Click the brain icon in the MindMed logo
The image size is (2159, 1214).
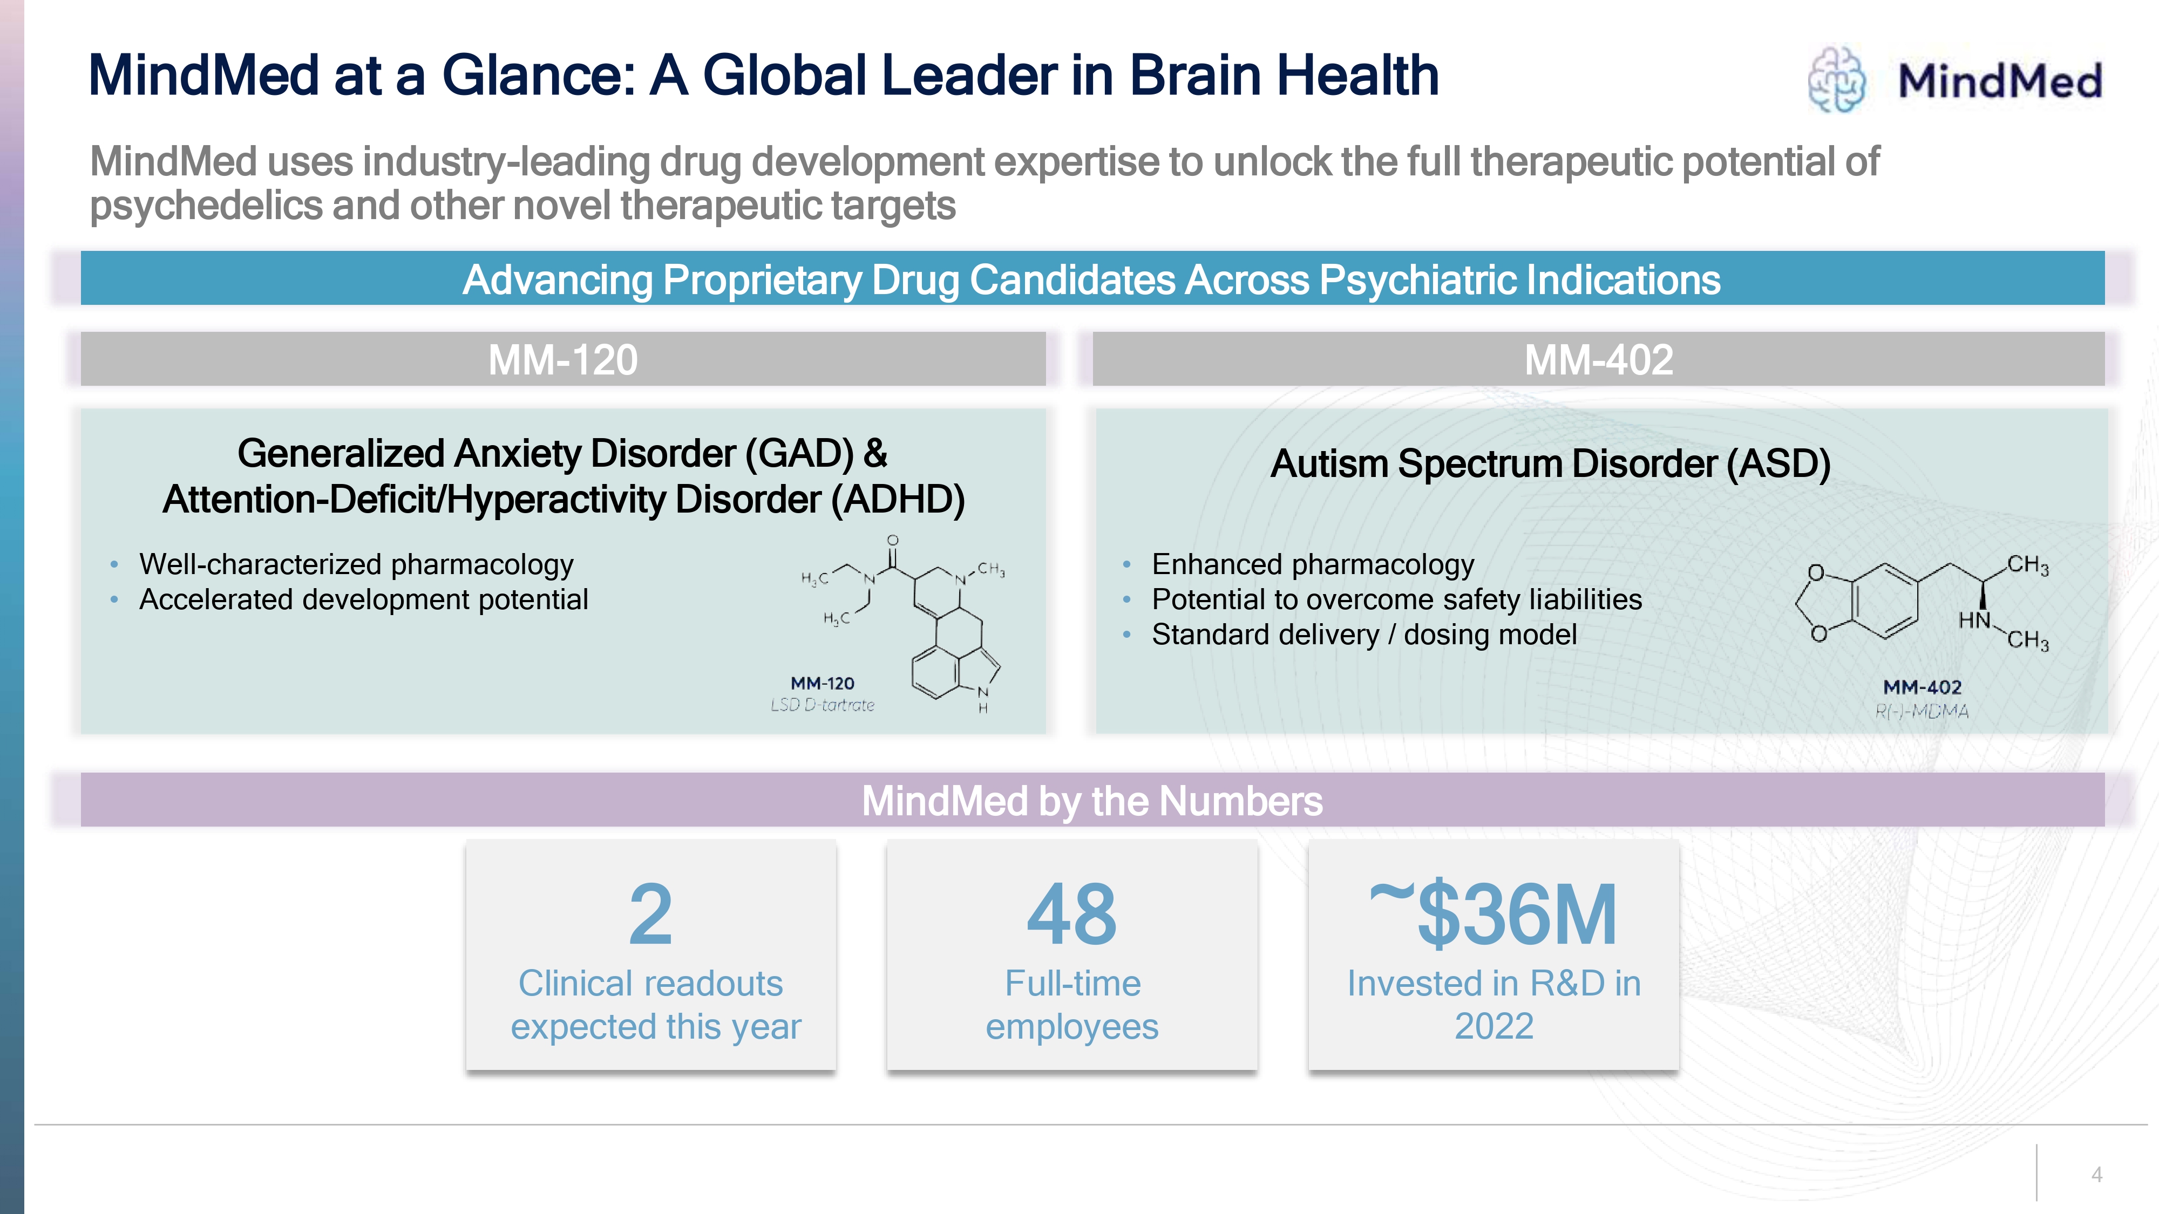point(1836,80)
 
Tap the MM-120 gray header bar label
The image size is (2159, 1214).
point(562,360)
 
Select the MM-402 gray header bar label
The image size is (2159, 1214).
point(1598,360)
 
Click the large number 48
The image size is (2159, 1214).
point(1072,915)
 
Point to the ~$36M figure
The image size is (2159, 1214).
point(1493,915)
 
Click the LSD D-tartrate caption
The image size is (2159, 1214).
point(822,705)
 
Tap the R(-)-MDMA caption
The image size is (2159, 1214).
point(1922,711)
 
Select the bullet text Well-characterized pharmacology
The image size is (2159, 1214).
point(356,565)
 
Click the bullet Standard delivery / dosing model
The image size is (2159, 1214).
point(1363,635)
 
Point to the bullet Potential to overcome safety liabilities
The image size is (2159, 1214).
point(1396,600)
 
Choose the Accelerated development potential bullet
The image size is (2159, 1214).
point(363,600)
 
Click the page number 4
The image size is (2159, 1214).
point(2096,1175)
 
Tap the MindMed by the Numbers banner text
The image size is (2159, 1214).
point(1092,801)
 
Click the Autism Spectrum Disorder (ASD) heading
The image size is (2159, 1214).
point(1550,464)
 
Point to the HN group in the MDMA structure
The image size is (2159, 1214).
point(1974,621)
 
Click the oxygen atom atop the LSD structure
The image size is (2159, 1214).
point(893,541)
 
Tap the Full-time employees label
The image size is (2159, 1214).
point(1072,1005)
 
